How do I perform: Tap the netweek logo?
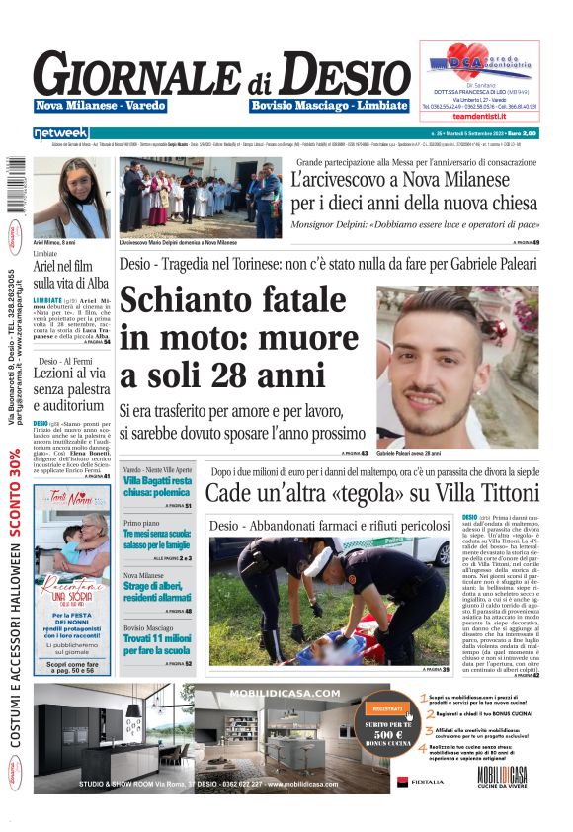[x=61, y=133]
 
